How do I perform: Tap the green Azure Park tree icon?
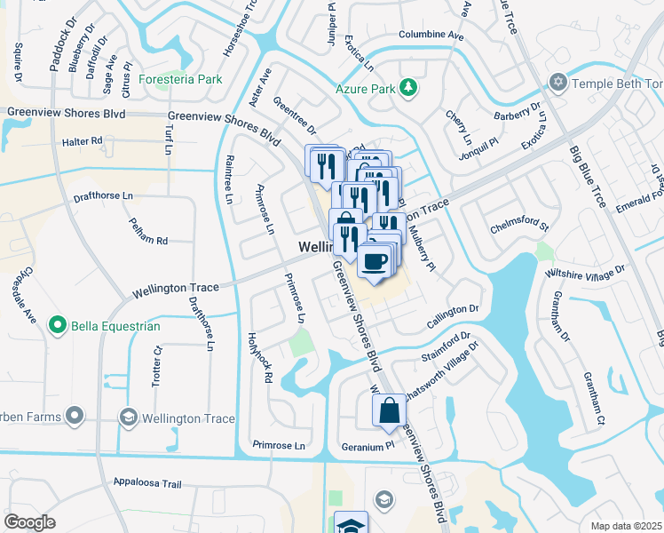(408, 87)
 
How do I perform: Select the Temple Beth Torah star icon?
(557, 83)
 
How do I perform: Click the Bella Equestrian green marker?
(59, 326)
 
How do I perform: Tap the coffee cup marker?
(374, 260)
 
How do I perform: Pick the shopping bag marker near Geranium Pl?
(389, 410)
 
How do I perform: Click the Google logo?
(29, 521)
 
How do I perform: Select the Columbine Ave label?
(431, 36)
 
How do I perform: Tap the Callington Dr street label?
(454, 309)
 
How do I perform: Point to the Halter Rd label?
(83, 141)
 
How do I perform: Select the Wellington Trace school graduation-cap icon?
(128, 418)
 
